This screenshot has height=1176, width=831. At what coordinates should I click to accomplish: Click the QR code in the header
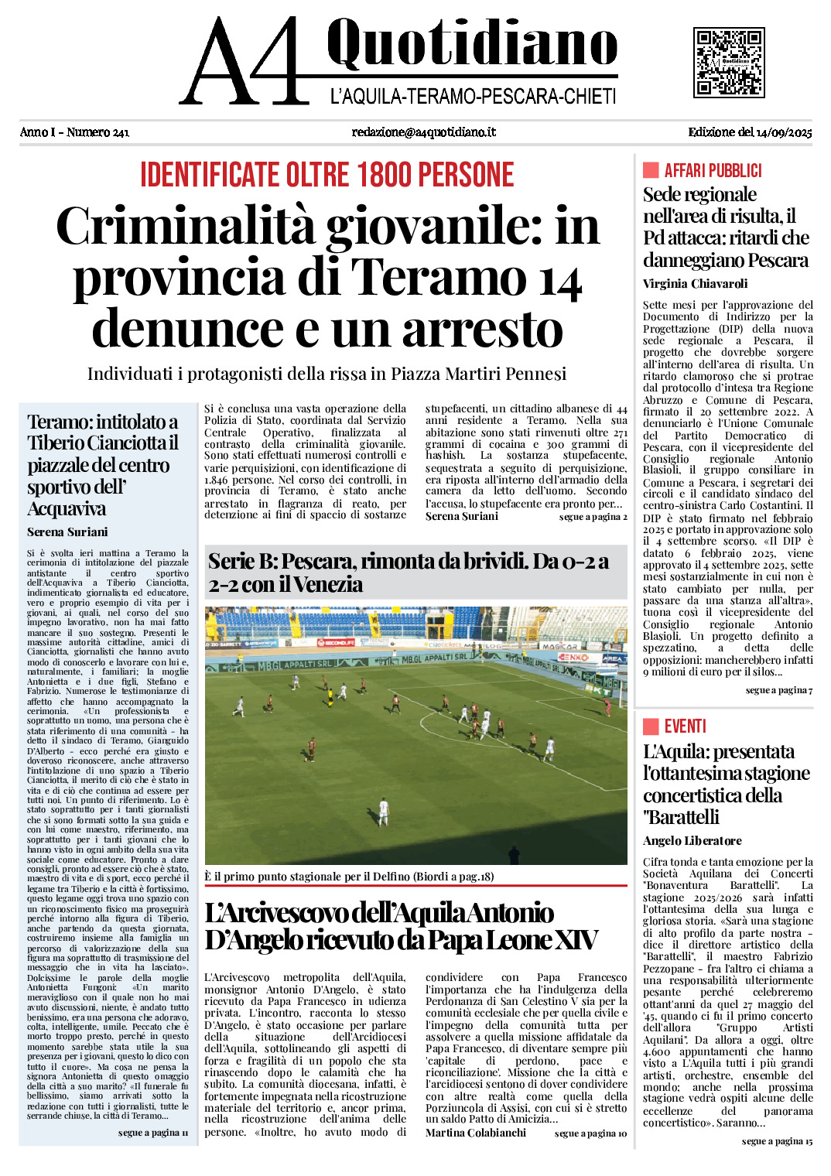[729, 62]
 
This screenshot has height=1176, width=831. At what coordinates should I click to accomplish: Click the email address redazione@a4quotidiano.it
[423, 132]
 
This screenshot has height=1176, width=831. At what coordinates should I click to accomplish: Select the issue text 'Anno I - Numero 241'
[74, 132]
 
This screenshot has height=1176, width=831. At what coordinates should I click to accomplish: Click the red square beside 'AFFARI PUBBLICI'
[651, 170]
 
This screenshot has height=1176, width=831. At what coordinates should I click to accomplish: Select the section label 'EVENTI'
[685, 726]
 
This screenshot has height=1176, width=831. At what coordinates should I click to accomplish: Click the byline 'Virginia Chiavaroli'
[695, 284]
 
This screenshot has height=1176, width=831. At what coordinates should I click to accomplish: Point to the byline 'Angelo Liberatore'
[692, 841]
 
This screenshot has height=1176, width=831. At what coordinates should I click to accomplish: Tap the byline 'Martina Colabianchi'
[476, 1133]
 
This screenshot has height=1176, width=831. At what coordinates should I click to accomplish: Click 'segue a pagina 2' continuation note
[593, 517]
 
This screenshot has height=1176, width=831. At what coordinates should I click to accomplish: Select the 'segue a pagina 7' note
[778, 690]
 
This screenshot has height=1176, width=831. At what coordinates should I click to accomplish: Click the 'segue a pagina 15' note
[777, 1141]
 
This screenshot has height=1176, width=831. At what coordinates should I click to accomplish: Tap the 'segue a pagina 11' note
[153, 1133]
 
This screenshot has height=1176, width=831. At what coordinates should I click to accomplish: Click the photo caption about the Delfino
[349, 877]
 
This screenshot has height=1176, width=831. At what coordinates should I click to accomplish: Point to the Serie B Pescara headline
[409, 573]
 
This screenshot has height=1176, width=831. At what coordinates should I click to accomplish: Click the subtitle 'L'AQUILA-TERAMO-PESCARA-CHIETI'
[473, 97]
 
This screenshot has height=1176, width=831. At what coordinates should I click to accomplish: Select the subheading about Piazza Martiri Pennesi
[327, 374]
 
